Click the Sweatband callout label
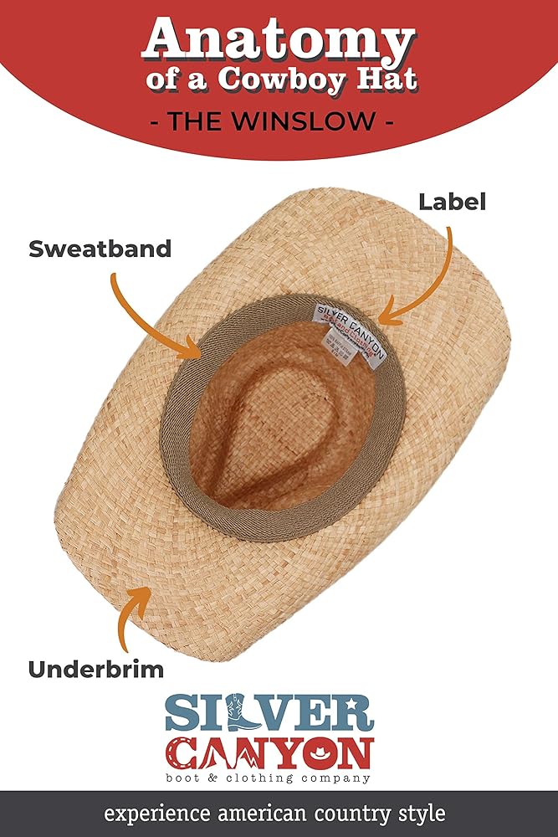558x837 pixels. tap(100, 249)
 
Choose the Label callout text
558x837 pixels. tap(452, 202)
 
